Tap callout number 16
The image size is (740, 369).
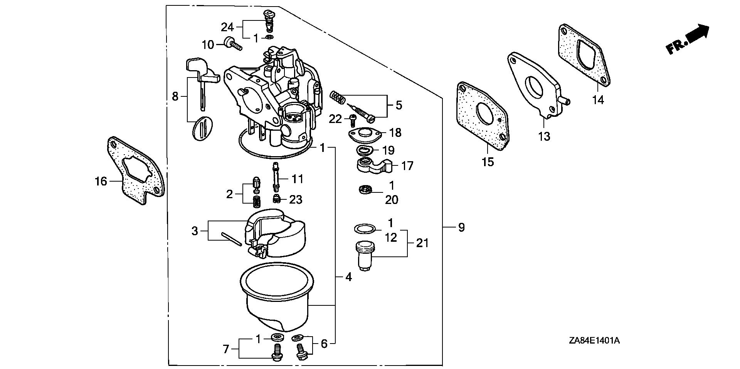101,181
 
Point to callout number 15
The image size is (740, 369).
488,162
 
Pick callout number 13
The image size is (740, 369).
544,136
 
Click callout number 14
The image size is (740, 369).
598,100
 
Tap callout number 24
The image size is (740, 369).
227,27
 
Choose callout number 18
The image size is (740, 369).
395,133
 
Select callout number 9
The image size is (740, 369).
461,227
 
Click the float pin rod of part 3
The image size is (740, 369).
231,238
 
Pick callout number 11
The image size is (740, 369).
297,179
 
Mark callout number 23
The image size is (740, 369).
296,200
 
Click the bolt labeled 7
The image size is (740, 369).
276,352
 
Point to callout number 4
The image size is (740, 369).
348,277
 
